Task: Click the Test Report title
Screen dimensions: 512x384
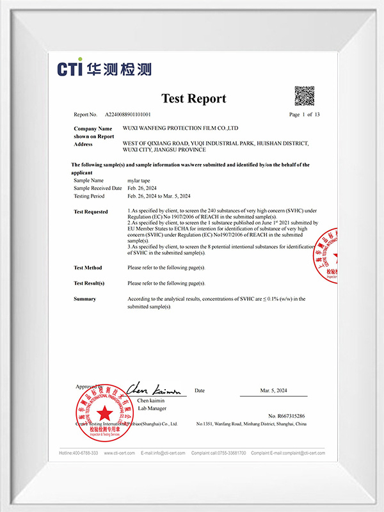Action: pos(193,99)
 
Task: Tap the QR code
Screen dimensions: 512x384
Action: pos(304,95)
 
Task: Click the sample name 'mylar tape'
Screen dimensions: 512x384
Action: pos(140,181)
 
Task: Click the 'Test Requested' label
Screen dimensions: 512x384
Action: pos(91,211)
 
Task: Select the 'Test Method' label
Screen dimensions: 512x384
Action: pos(88,268)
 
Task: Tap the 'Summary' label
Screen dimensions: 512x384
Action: pos(84,299)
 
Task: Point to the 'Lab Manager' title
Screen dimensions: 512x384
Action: pos(152,407)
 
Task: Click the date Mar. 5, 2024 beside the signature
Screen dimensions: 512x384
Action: pos(273,390)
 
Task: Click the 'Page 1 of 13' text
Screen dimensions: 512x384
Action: pos(305,115)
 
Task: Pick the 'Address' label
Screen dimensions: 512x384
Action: pos(83,144)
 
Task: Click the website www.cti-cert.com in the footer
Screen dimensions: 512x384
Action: pos(119,452)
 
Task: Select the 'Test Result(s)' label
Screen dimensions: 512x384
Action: pos(89,283)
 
